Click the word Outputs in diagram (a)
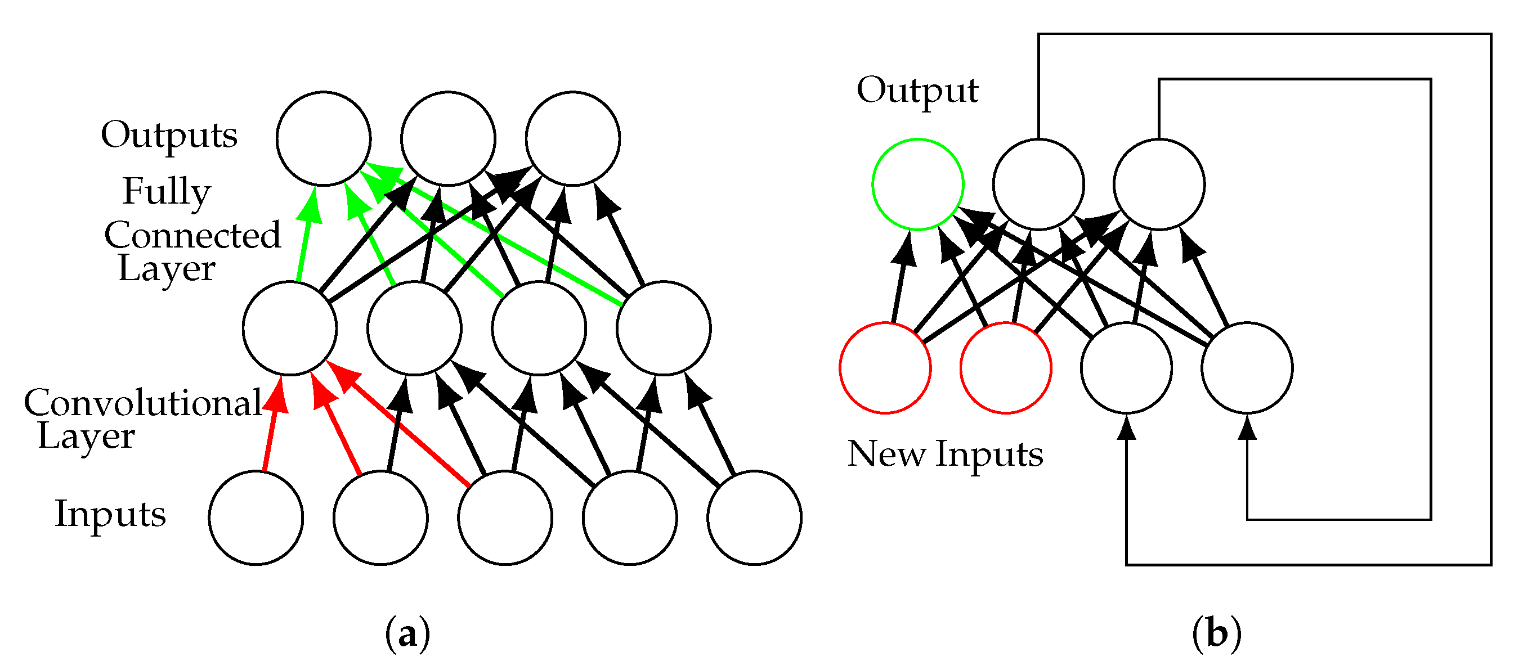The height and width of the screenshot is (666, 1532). click(x=169, y=136)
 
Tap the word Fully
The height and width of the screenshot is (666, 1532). click(x=167, y=191)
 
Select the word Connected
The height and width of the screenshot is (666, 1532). click(x=192, y=236)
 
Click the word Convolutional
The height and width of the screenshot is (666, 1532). click(x=143, y=403)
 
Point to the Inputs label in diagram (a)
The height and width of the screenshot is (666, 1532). click(x=110, y=514)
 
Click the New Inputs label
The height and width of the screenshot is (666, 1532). click(x=945, y=455)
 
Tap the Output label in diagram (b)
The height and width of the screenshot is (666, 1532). click(x=917, y=91)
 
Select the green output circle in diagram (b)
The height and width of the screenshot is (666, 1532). click(x=917, y=184)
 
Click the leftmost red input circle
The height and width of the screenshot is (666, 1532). click(x=885, y=368)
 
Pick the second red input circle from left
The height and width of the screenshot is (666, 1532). click(x=1006, y=368)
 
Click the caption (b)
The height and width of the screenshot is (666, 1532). click(x=1217, y=634)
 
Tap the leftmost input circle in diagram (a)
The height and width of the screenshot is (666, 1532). click(x=256, y=518)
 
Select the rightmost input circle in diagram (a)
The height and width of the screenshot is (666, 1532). click(x=754, y=518)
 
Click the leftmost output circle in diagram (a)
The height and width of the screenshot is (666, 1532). click(x=324, y=138)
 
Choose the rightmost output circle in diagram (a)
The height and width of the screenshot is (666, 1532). click(x=573, y=138)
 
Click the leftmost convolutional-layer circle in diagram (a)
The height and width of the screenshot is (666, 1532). click(x=290, y=328)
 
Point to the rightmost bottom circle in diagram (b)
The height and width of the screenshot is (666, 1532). click(x=1247, y=368)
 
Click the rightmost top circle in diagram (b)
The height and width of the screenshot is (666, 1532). click(x=1159, y=184)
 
